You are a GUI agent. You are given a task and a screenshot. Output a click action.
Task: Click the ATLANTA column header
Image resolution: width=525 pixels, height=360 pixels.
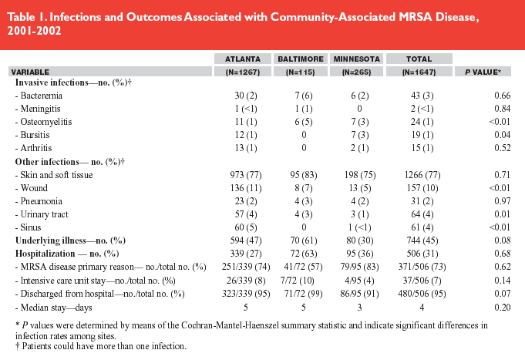243,59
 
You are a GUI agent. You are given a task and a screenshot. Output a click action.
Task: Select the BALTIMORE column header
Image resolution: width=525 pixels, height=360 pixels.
301,59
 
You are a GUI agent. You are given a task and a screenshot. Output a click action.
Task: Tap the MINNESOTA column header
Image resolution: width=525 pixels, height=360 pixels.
357,59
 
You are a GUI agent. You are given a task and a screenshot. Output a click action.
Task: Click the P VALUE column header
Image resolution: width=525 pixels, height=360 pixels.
483,72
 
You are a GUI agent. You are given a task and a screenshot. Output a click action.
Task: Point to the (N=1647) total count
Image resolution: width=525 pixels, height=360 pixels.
419,72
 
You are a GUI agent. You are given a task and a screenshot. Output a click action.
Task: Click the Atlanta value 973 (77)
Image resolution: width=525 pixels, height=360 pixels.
246,175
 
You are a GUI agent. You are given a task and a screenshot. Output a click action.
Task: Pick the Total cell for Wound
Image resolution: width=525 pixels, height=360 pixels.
422,188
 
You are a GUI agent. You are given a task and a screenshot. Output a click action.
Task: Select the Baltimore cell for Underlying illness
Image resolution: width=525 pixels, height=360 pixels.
303,241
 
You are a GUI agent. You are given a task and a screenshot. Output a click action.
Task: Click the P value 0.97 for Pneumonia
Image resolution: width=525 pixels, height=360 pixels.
502,201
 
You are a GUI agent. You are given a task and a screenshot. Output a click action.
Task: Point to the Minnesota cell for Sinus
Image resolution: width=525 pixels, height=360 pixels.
359,227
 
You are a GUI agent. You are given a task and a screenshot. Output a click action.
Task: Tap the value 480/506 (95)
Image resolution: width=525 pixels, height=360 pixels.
422,294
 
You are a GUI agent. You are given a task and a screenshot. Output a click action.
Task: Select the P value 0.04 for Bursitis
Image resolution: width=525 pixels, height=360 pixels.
502,135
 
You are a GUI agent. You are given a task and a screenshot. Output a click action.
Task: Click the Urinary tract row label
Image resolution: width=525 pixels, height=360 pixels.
44,214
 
